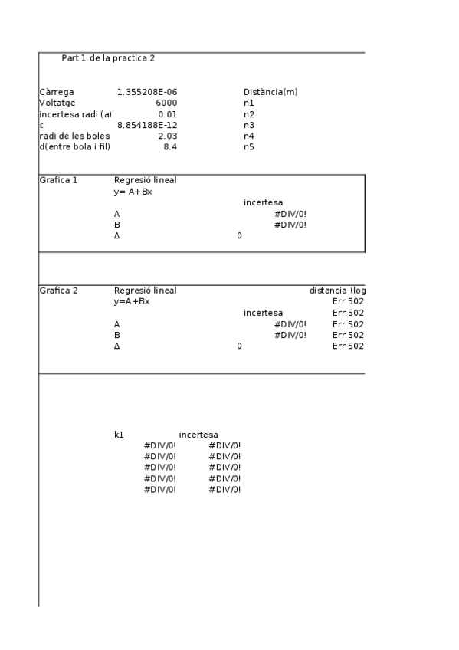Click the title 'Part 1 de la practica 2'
click(108, 58)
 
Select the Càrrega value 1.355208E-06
click(147, 92)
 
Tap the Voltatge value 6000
click(166, 103)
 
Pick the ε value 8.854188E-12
click(147, 125)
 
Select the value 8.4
click(170, 146)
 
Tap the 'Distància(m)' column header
click(270, 92)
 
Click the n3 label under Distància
click(249, 125)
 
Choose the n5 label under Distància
click(249, 146)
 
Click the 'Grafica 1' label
click(58, 181)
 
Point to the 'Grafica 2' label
click(58, 291)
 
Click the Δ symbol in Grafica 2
click(117, 346)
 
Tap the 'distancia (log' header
click(337, 291)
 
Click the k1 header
click(119, 435)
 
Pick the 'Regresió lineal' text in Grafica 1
click(145, 181)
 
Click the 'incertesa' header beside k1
click(198, 435)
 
